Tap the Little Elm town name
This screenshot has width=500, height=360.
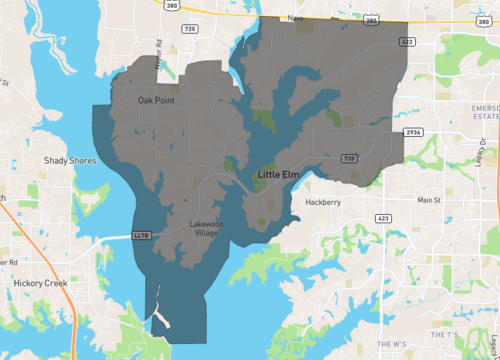click(278, 175)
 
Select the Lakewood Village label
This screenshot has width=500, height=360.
click(206, 228)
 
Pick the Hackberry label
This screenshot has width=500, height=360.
click(324, 202)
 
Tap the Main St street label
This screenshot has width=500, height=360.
click(429, 201)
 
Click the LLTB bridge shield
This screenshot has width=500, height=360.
click(142, 236)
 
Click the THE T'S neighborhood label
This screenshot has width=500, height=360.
click(444, 332)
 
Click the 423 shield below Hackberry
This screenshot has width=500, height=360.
click(383, 217)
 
